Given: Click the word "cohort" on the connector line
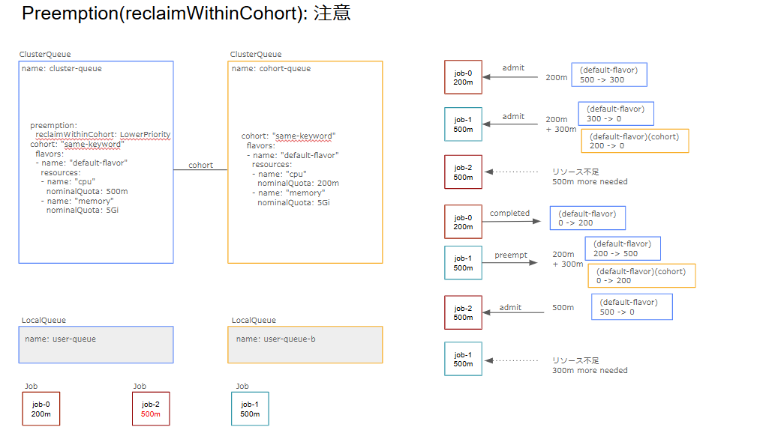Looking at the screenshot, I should [x=200, y=165].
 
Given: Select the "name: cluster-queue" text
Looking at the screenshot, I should [x=62, y=69].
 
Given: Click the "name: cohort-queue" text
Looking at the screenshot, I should [x=271, y=69].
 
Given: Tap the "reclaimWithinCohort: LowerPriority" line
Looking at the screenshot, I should [x=104, y=135].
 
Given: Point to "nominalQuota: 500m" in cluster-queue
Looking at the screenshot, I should [x=87, y=191].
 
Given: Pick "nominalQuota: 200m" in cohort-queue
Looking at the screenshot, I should [x=298, y=183].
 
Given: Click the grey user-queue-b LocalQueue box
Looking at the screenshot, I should [x=305, y=345].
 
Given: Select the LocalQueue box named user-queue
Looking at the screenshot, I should [x=96, y=345].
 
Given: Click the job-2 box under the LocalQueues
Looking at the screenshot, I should [x=151, y=409].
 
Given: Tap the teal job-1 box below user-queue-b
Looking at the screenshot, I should [x=250, y=409].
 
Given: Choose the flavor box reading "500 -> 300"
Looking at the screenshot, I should [x=608, y=75].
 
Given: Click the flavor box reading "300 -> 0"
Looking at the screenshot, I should [x=615, y=114].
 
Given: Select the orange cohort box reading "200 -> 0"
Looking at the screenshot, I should [x=634, y=141].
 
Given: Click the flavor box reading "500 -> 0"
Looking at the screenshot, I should [x=631, y=306].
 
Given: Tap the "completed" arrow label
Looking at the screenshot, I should [x=509, y=214].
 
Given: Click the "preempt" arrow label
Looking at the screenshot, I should [x=510, y=255].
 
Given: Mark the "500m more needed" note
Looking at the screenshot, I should [x=590, y=182].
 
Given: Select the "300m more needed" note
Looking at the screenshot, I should [x=590, y=370].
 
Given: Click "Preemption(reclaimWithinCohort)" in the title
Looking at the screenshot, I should [x=159, y=13].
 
